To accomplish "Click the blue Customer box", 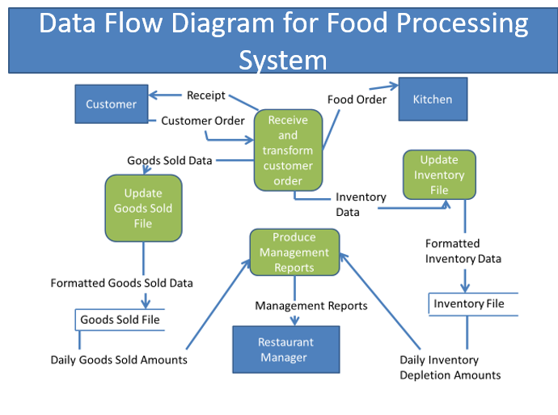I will click(x=112, y=104).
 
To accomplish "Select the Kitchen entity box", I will click(x=433, y=100).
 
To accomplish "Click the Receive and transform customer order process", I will click(x=288, y=150).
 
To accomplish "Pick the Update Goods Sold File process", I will click(x=143, y=208).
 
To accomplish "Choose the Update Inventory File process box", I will click(x=439, y=176).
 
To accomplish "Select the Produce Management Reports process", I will click(x=294, y=252).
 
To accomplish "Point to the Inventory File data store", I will click(x=469, y=303).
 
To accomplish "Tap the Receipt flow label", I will click(x=206, y=95).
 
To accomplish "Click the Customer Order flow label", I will click(x=202, y=121).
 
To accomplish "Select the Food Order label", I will click(x=357, y=100).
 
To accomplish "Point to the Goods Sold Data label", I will click(x=170, y=160).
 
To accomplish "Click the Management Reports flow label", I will click(x=311, y=306).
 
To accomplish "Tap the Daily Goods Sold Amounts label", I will click(x=119, y=359).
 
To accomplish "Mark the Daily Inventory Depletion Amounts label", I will click(x=450, y=367).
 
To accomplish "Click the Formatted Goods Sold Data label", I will click(x=122, y=283).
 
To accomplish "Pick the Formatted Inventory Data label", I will click(x=463, y=251).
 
